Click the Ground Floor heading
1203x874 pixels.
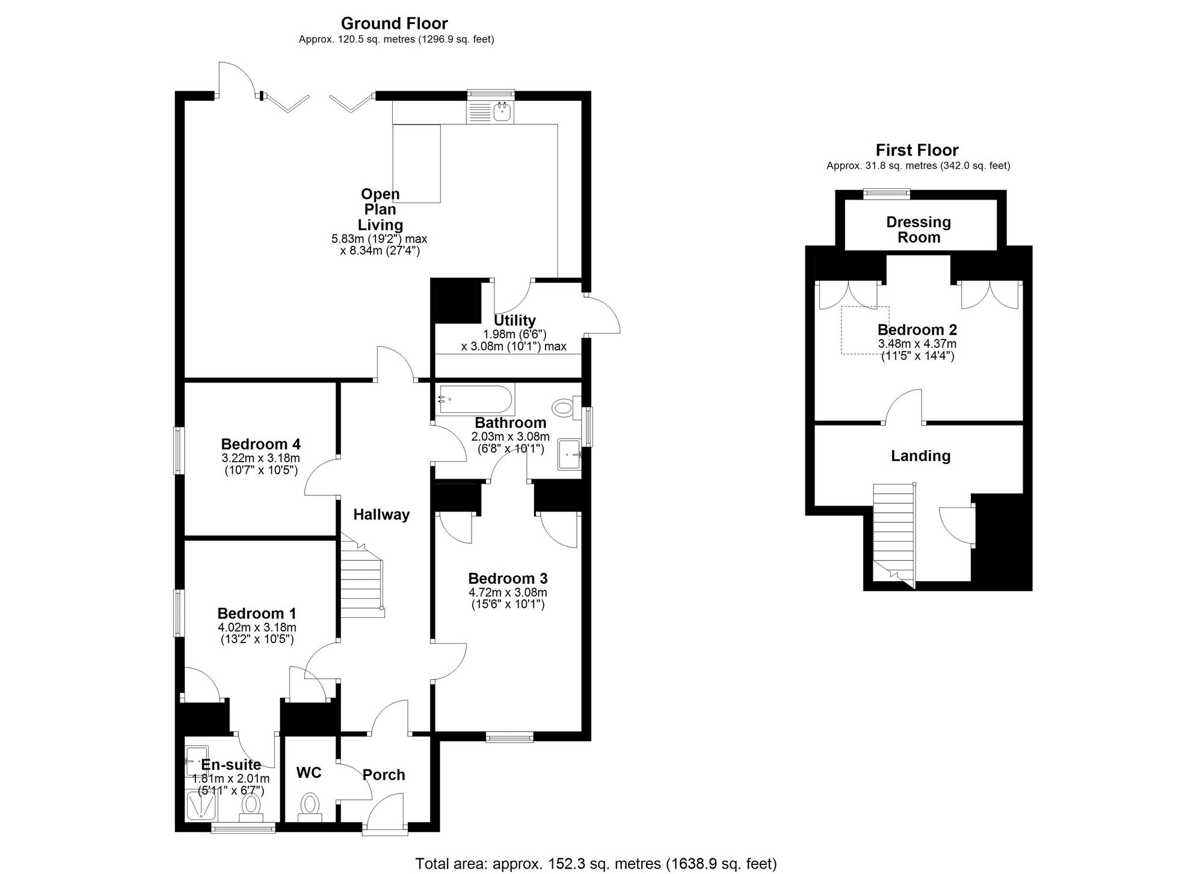click(x=394, y=23)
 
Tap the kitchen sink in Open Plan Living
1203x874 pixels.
click(x=491, y=112)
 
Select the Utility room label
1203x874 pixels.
click(x=514, y=320)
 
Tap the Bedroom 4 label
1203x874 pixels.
click(x=260, y=444)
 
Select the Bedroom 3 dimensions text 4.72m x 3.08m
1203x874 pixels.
click(x=508, y=593)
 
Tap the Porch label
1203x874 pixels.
click(x=384, y=775)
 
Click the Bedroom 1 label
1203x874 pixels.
click(x=257, y=614)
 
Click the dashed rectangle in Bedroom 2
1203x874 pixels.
click(x=864, y=330)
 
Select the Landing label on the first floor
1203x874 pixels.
click(x=920, y=456)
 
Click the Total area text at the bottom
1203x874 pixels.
click(x=595, y=864)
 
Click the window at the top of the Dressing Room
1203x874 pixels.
click(x=886, y=193)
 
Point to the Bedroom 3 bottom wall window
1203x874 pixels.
click(x=509, y=737)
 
